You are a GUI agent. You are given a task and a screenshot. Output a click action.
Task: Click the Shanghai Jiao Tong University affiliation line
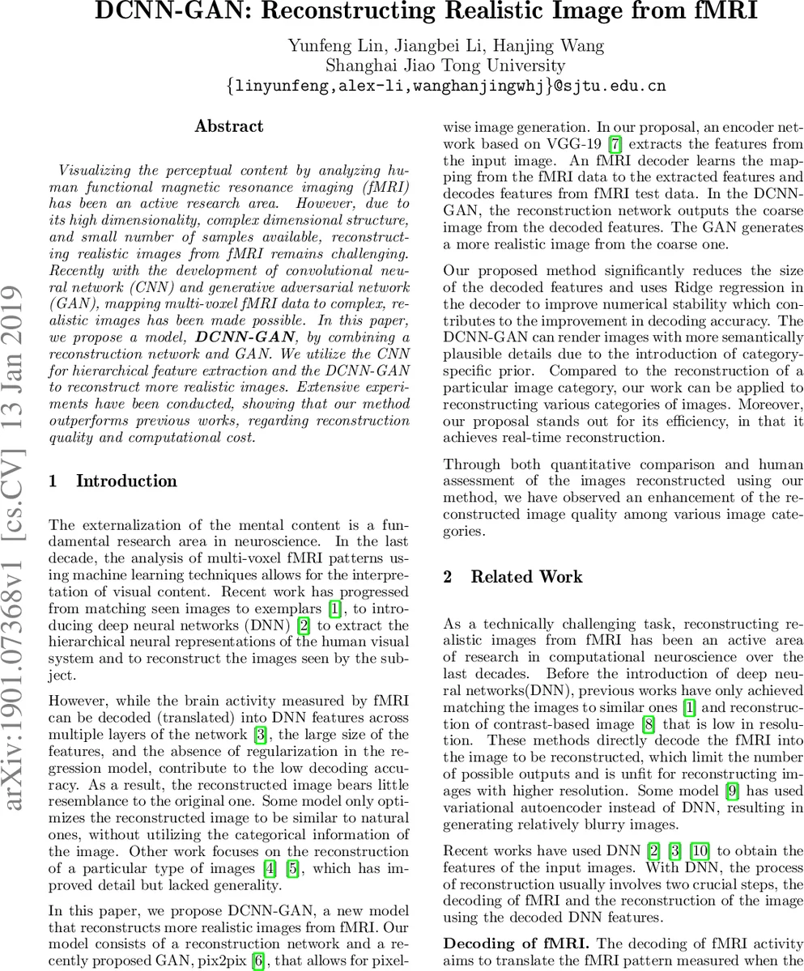tap(445, 66)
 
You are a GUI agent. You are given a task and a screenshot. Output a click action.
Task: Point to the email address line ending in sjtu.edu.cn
tap(445, 86)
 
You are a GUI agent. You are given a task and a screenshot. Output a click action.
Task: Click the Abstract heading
tap(229, 126)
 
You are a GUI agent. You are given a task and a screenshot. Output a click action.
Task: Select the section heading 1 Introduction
tap(113, 481)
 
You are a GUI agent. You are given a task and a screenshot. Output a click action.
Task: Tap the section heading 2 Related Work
tap(513, 577)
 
